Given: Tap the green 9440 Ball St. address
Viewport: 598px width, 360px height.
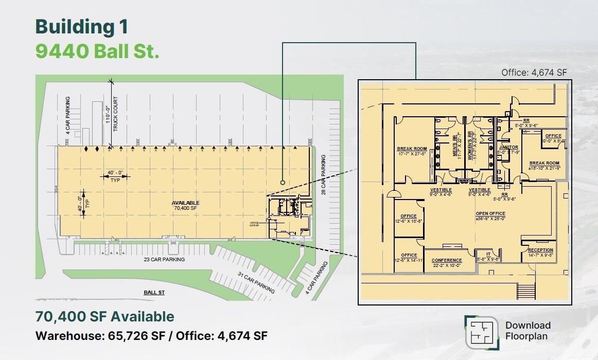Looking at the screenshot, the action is tap(97, 51).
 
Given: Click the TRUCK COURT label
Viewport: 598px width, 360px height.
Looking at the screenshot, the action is tap(116, 114).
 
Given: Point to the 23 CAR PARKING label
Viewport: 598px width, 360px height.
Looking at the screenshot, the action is tap(164, 260).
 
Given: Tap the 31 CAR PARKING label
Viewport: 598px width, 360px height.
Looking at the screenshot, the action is tap(256, 282).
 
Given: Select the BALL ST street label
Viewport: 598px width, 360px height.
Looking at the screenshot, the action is tap(154, 293).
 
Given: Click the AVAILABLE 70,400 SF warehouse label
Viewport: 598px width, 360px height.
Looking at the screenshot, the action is tap(185, 206).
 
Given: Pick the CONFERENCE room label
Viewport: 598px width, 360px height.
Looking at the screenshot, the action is tap(447, 263).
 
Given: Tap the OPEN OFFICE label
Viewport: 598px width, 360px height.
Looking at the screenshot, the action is tap(490, 216).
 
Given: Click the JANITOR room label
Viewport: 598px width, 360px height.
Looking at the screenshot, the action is tap(508, 149).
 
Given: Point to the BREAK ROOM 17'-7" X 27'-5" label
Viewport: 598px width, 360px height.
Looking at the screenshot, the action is tap(412, 151).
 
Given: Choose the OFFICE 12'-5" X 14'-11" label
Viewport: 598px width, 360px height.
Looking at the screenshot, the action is tap(409, 258).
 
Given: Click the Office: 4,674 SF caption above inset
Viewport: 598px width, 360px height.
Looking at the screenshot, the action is tap(534, 73).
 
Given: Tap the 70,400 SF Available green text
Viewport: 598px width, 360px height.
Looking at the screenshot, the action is tap(104, 317).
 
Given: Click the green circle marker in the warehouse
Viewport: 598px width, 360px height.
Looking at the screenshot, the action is tap(283, 182).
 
